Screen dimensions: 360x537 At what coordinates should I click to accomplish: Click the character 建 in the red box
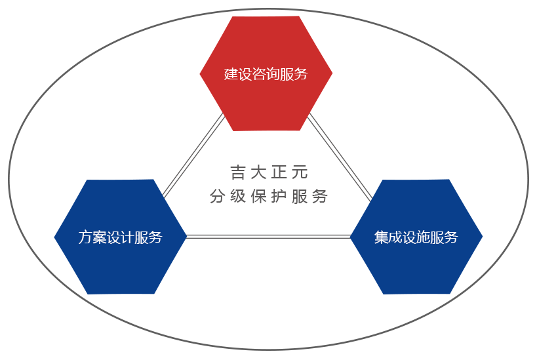tap(231, 74)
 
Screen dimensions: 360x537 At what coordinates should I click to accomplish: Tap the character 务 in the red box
tap(301, 74)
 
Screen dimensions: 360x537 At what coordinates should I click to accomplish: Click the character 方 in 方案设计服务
tap(85, 237)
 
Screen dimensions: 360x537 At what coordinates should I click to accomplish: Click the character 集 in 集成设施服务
tap(381, 237)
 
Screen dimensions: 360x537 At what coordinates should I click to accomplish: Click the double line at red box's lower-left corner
tap(217, 123)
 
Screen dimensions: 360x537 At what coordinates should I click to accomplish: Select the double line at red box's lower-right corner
tap(315, 123)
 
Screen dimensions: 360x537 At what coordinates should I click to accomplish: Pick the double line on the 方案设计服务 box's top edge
tap(170, 188)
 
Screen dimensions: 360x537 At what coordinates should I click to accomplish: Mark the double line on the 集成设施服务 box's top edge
tap(363, 189)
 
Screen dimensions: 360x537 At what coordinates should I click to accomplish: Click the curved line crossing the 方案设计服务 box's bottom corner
tap(66, 286)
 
